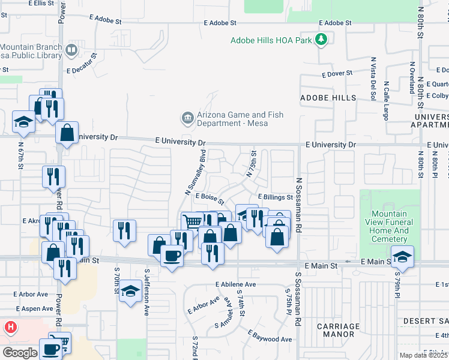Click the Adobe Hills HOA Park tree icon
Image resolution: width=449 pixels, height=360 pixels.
(x=322, y=40)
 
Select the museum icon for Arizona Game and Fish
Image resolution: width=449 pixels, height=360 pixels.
(x=187, y=116)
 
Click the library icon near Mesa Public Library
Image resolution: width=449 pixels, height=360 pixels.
(x=72, y=50)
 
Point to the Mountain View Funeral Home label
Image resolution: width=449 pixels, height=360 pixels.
(x=389, y=226)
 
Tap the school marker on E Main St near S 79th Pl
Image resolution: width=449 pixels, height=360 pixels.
(x=402, y=256)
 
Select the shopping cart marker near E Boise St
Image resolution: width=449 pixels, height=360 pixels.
(x=192, y=221)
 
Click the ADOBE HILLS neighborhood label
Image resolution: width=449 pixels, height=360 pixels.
(x=328, y=97)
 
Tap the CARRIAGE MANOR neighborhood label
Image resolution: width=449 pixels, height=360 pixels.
(x=338, y=331)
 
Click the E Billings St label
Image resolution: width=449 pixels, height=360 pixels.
(x=275, y=197)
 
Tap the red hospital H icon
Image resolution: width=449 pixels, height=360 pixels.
(x=10, y=328)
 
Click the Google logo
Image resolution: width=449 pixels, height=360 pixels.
(x=20, y=353)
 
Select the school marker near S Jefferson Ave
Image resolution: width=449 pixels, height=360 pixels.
(x=130, y=292)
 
